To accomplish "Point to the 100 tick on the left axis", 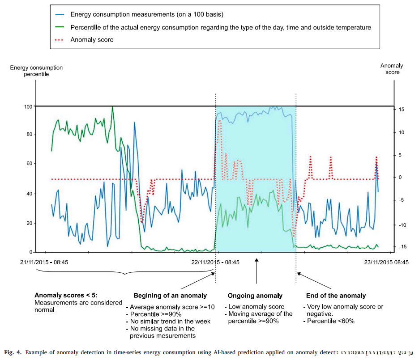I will tap(29, 106).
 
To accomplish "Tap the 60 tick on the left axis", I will tap(30, 164).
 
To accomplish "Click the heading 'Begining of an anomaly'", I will tap(170, 296).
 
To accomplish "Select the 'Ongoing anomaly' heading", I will tap(255, 296).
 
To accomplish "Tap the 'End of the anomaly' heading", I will tap(336, 296).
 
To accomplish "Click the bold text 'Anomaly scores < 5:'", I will tap(65, 295).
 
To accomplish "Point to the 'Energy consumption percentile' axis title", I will tap(37, 71).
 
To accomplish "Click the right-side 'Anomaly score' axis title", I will tap(392, 69).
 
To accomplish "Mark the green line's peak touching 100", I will tap(112, 107).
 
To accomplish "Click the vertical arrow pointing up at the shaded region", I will tap(257, 271).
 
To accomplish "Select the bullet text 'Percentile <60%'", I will tap(331, 321).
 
